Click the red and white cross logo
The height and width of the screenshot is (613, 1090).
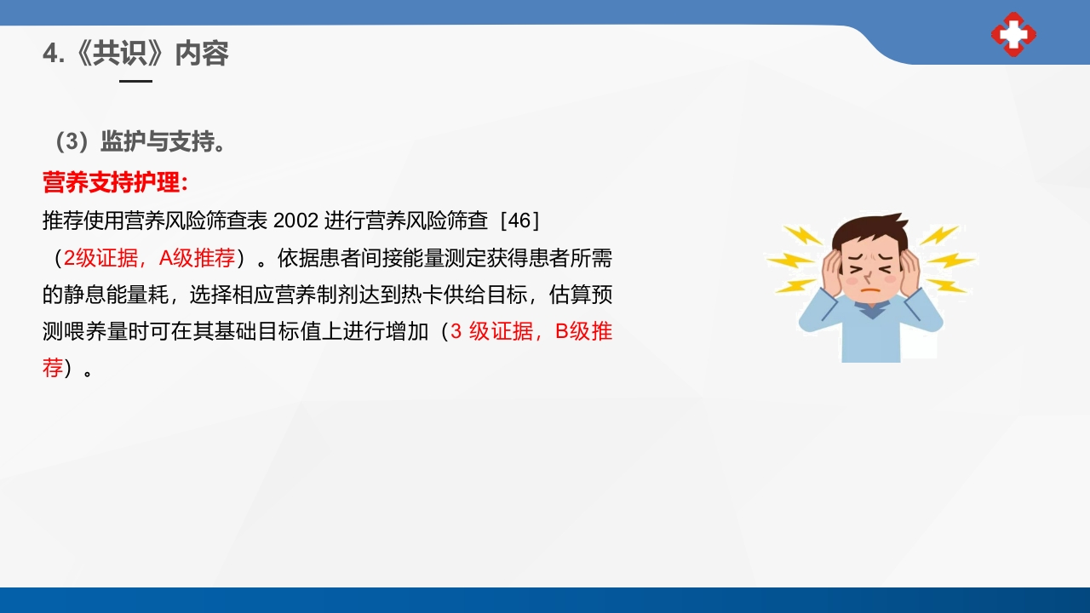[1013, 35]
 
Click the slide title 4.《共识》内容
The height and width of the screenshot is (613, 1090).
[135, 54]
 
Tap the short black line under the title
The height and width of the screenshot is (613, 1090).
[135, 81]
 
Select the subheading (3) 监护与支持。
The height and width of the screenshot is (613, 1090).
[136, 141]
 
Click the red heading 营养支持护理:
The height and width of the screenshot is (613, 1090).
[115, 182]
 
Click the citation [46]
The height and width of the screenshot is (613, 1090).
[520, 220]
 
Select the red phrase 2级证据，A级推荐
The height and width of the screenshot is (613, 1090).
[149, 258]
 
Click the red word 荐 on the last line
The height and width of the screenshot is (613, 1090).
[53, 369]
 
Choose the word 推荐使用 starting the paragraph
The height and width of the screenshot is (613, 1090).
[83, 220]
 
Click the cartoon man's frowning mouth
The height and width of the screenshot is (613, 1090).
[869, 289]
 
